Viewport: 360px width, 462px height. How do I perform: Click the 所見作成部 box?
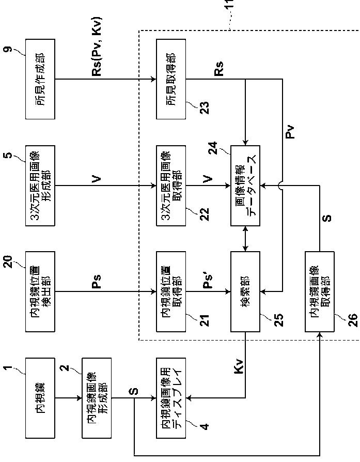(40, 79)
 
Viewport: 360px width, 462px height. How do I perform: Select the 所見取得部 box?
(171, 79)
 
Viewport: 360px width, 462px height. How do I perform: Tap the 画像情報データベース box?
(245, 186)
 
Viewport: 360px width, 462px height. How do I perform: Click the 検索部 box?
(245, 291)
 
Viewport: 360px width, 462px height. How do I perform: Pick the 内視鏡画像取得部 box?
(319, 291)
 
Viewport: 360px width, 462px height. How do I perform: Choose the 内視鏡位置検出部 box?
(40, 291)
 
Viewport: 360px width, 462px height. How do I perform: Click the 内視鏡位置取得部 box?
(171, 291)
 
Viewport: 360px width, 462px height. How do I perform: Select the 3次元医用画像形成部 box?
(40, 186)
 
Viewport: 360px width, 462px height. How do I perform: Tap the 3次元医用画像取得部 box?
(171, 186)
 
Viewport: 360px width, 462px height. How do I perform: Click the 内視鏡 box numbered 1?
(40, 398)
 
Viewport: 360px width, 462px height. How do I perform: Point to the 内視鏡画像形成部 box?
(97, 398)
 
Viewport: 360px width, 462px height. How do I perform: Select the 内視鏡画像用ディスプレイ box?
(171, 398)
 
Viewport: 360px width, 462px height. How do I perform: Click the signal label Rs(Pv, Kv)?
(97, 47)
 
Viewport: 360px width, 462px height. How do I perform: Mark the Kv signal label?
(239, 366)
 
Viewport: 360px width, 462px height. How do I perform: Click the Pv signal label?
(290, 131)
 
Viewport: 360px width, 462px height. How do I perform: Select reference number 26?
(353, 320)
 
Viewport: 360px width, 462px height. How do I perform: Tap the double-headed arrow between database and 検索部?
(245, 239)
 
